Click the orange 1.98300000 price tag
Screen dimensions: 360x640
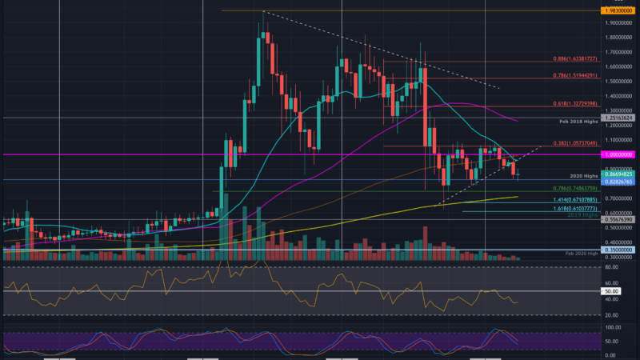[x=620, y=10]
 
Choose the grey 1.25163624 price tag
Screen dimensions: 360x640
[x=620, y=118]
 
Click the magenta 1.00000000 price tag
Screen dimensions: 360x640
[x=620, y=154]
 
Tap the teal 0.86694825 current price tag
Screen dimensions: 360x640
[x=620, y=174]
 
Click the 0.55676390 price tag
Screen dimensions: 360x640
[x=620, y=219]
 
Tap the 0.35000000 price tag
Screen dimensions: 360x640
[x=620, y=250]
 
